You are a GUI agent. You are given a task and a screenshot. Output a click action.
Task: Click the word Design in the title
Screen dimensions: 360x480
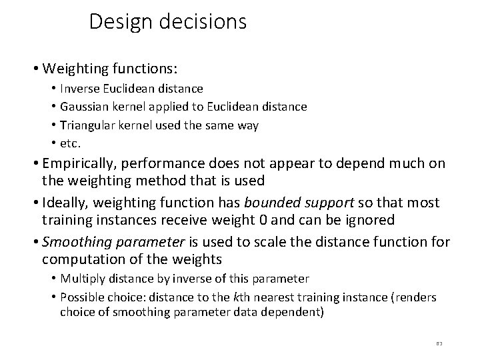(119, 22)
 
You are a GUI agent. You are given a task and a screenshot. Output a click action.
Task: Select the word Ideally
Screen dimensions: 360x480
(65, 203)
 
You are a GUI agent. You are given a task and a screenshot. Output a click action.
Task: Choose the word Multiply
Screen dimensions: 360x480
(79, 279)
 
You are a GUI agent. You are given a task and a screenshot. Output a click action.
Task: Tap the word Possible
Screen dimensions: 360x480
(80, 297)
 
